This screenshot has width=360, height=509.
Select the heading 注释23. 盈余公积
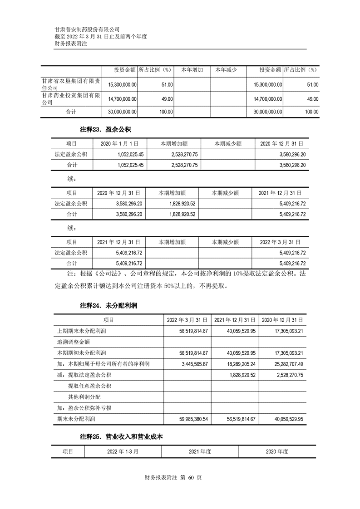[105, 130]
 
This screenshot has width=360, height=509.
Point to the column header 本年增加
[192, 70]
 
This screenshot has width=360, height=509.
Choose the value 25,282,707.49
[289, 364]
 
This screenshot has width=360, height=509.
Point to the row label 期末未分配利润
[77, 420]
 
